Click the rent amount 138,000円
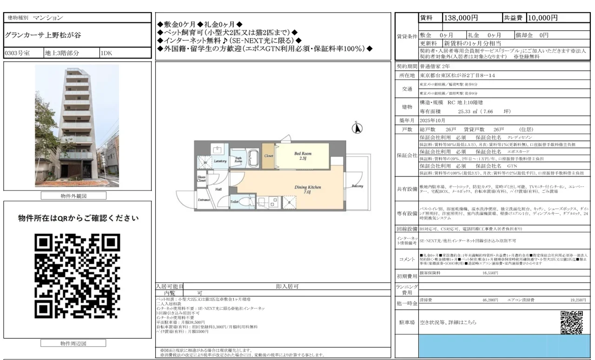click(x=460, y=18)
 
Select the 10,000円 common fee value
click(x=542, y=18)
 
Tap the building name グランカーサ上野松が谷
click(x=45, y=35)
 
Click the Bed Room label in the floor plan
click(x=303, y=156)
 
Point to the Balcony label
click(x=357, y=187)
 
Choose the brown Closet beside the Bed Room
click(x=269, y=156)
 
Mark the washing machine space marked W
click(x=205, y=163)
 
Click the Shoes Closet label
click(x=202, y=178)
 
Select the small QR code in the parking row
click(x=571, y=322)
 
